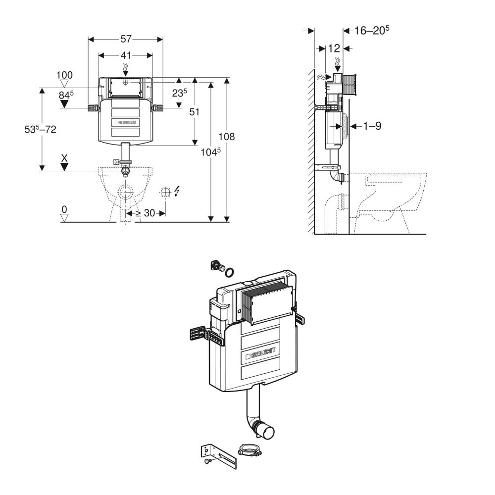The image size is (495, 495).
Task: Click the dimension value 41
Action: tap(125, 56)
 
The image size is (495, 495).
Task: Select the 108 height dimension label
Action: tap(227, 137)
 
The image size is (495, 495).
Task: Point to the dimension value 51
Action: tap(195, 112)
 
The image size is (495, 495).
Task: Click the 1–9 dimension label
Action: tap(372, 126)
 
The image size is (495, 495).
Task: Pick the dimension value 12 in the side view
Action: tap(334, 48)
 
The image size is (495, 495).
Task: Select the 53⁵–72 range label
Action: tap(41, 130)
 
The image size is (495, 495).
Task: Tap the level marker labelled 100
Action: tap(64, 75)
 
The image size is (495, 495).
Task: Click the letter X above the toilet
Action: tap(64, 158)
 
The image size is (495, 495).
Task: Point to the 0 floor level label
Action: tap(64, 210)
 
